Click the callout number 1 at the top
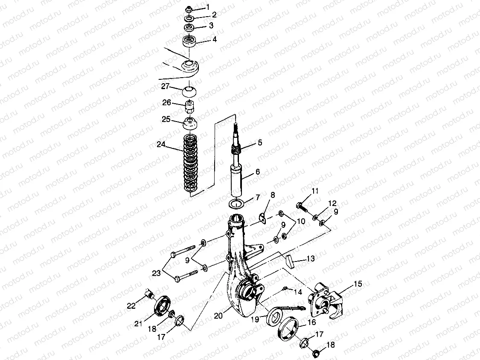click(x=208, y=7)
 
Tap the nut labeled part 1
click(x=189, y=9)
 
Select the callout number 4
click(x=215, y=40)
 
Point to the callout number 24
click(x=161, y=144)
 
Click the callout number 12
click(x=332, y=203)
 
